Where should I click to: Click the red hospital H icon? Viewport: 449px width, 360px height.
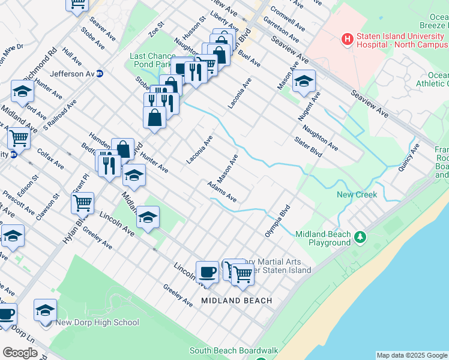[x=347, y=40]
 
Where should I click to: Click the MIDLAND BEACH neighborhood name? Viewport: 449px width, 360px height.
[x=237, y=300]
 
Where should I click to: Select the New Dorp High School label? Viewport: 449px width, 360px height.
[x=97, y=322]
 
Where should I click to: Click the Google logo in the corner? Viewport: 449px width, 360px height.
[x=20, y=353]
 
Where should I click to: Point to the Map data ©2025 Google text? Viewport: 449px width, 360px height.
[x=412, y=355]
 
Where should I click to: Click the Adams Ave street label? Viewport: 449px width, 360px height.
[x=221, y=191]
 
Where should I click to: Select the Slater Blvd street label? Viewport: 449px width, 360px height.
[x=309, y=147]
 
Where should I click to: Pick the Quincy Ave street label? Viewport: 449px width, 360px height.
[x=408, y=157]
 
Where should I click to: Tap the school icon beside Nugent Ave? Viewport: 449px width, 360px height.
[x=304, y=82]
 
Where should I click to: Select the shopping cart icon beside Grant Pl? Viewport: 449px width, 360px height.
[x=82, y=202]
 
